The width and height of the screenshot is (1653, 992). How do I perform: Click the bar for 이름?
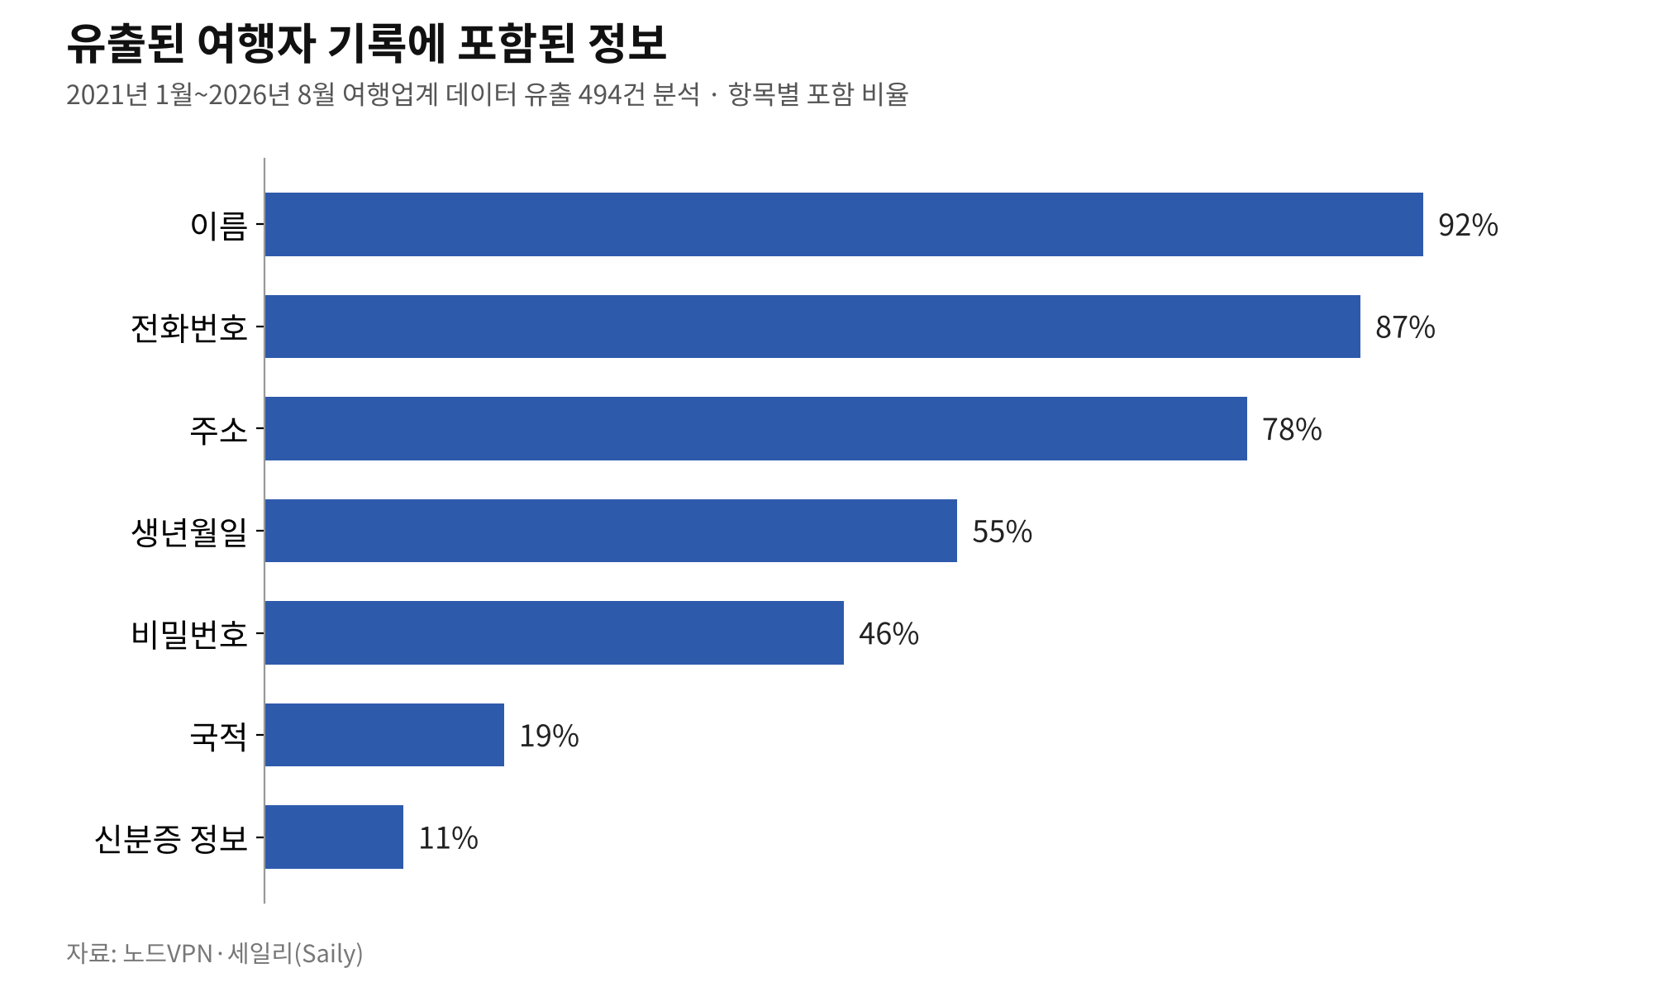844,224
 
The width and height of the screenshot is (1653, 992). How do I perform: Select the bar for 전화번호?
812,327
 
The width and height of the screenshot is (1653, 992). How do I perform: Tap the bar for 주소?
756,428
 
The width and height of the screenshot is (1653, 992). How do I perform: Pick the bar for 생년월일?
611,531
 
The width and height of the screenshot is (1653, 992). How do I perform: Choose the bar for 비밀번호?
555,632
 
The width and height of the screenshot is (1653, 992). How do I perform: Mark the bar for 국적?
384,735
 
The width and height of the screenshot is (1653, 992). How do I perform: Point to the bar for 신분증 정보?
334,837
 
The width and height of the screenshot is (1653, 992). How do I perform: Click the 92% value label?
1468,225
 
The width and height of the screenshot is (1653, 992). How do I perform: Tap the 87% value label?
1405,327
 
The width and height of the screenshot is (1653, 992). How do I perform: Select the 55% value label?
1002,532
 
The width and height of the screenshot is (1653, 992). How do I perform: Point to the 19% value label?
549,736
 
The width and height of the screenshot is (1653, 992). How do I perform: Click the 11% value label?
448,838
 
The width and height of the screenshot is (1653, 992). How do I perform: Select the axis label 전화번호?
189,327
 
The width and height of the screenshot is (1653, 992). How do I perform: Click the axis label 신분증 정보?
171,838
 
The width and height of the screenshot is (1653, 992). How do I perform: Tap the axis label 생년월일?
189,532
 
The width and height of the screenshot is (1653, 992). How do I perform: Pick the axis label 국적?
218,736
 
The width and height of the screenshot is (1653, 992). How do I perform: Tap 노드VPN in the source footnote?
168,953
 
